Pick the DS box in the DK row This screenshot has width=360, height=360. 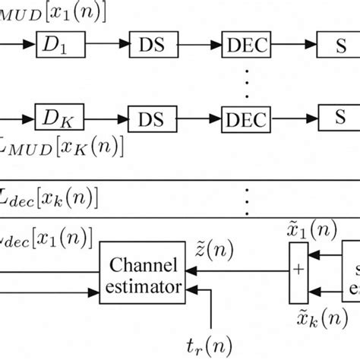[152, 119]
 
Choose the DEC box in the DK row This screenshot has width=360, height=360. [245, 119]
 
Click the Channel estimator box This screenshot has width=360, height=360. [144, 275]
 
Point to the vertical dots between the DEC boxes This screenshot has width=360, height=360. [245, 84]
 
